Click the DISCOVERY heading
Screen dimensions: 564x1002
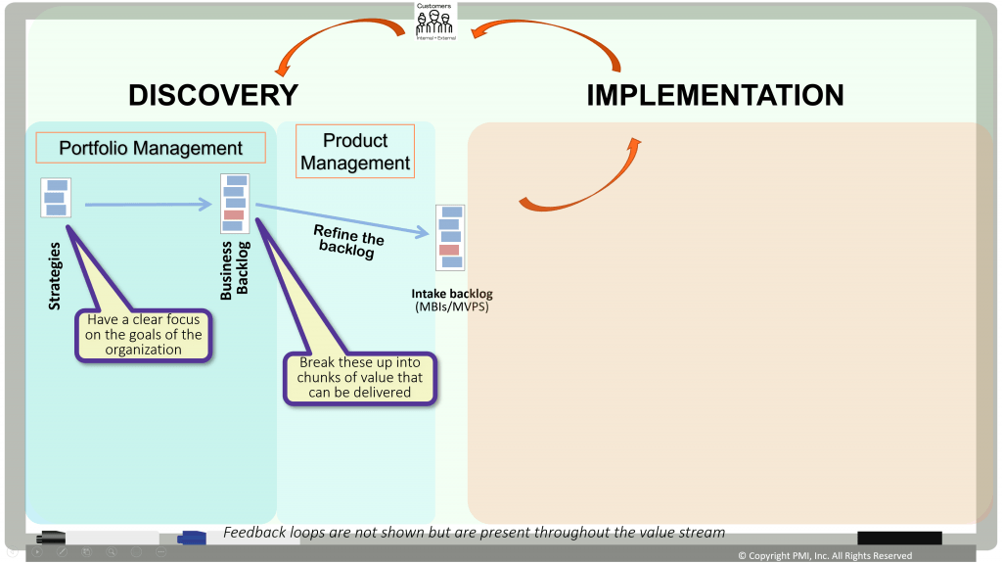(x=213, y=95)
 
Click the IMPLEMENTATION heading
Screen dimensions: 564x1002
(x=714, y=95)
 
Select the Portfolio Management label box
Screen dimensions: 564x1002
(x=151, y=149)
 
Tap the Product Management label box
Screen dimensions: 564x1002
(x=355, y=151)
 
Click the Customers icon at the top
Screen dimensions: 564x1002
(x=435, y=20)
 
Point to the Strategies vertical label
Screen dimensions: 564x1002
(x=55, y=277)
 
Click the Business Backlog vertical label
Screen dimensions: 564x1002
(x=235, y=269)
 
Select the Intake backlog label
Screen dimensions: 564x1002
(x=451, y=300)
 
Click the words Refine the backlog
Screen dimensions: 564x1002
(x=347, y=241)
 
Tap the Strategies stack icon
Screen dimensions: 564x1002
(x=56, y=198)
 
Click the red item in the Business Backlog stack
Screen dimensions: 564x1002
(x=234, y=214)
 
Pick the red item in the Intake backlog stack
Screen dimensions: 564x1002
(x=449, y=250)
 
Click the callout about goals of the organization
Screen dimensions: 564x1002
(x=143, y=335)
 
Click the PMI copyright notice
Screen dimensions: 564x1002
(x=824, y=555)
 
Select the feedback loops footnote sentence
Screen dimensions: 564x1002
(x=474, y=533)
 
